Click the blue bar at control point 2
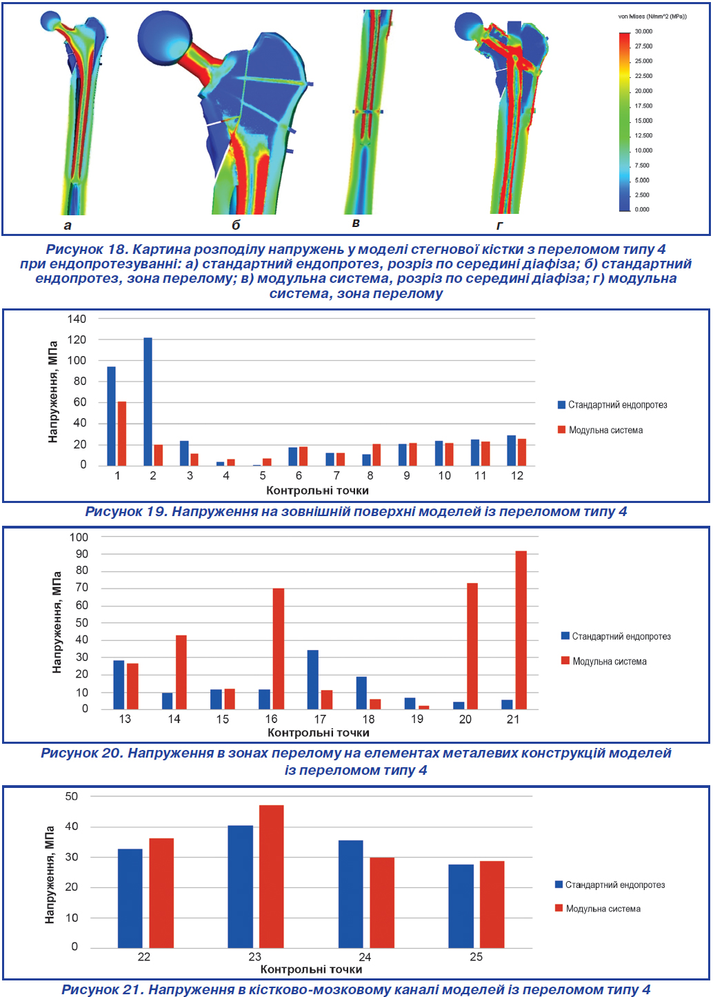[148, 402]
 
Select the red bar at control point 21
[521, 630]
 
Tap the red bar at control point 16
[278, 649]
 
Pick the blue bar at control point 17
[312, 679]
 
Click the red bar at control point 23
[271, 876]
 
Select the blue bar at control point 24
[350, 894]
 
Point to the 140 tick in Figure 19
[77, 319]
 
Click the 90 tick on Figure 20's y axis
[82, 553]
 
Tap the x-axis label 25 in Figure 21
[476, 957]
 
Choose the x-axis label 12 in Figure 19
[517, 475]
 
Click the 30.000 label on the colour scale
[643, 32]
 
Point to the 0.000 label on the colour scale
[642, 209]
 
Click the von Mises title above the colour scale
[652, 17]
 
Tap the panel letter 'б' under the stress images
[236, 225]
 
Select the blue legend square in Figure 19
[561, 404]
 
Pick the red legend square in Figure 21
[559, 907]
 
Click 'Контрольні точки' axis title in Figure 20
[318, 733]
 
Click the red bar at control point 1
[122, 433]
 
